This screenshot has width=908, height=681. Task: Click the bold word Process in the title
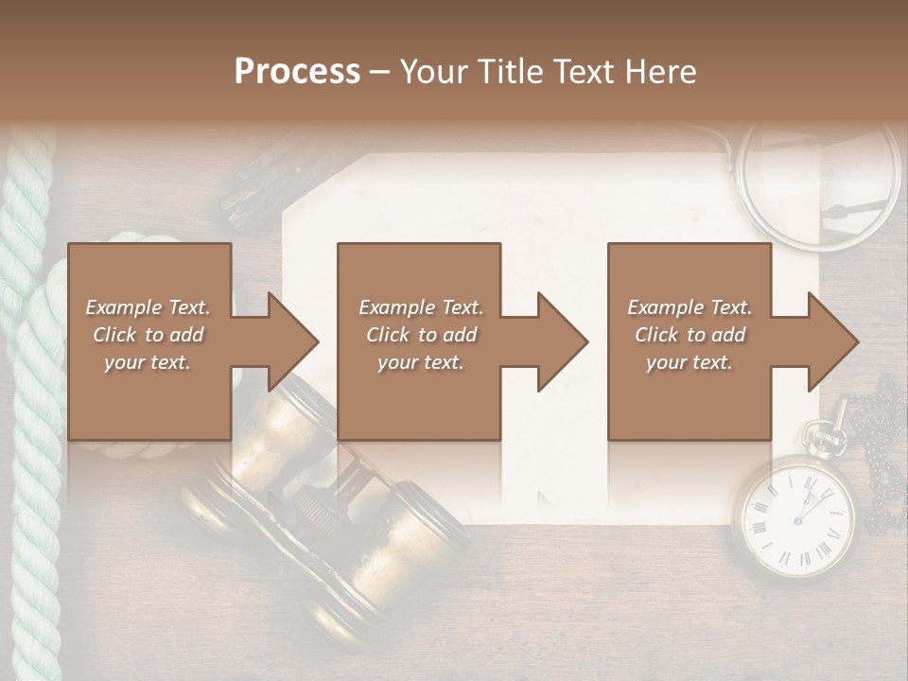coord(297,72)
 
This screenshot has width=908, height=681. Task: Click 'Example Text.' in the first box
coord(148,307)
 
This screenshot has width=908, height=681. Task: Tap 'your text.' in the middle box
coord(420,362)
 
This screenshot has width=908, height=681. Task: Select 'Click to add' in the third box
coord(690,335)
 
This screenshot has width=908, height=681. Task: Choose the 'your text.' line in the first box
coord(148,362)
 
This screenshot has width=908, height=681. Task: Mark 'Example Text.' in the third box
coord(690,307)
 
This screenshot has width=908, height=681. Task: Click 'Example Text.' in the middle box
coord(420,307)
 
